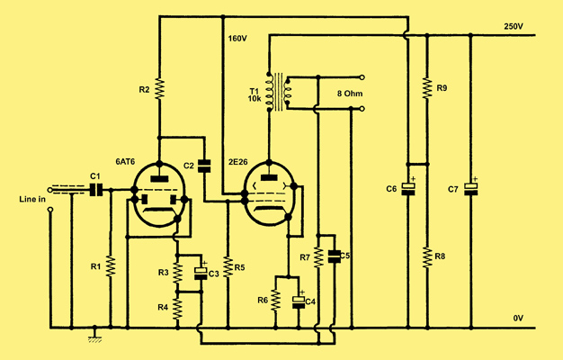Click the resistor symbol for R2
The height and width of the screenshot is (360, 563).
pos(159,89)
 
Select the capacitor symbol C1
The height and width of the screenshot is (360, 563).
pos(96,189)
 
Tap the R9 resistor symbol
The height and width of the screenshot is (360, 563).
pos(427,87)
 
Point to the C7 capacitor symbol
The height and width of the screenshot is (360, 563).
pos(470,189)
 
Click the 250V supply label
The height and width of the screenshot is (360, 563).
pos(514,27)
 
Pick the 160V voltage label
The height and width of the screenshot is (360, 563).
pos(237,39)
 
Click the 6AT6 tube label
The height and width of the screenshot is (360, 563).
pos(125,162)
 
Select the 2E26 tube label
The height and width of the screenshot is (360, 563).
pos(238,162)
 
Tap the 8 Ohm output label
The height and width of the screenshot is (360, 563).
pos(350,94)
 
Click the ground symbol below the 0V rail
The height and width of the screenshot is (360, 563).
pos(94,336)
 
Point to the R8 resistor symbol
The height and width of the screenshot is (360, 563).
pos(427,256)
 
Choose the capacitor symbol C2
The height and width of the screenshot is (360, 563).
pos(205,166)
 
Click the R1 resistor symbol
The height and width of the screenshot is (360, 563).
pos(111,266)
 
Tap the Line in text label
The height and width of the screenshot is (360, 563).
pos(32,199)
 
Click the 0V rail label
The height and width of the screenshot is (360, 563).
pos(518,318)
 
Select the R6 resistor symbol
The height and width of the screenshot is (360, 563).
pos(275,300)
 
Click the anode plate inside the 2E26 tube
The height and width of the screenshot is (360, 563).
pos(269,177)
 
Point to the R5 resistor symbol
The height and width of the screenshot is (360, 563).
pos(228,267)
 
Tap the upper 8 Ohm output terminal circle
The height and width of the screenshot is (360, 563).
pos(362,77)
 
